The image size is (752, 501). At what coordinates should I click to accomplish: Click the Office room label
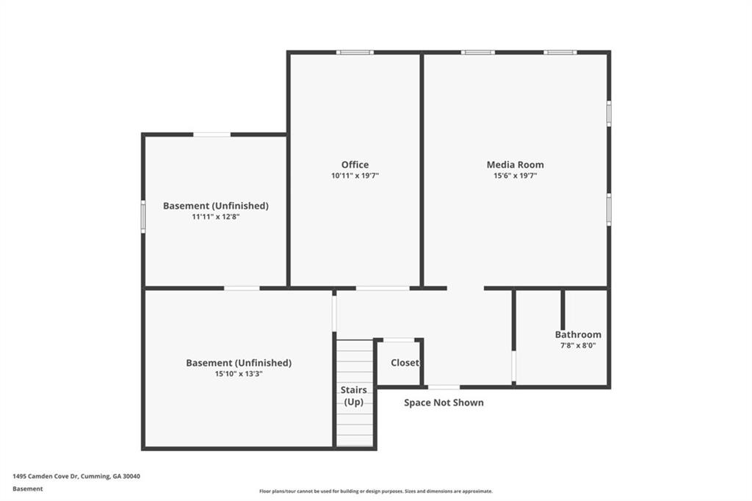tap(355, 165)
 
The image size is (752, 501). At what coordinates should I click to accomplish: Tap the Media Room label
tap(515, 165)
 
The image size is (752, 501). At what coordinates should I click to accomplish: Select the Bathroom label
tap(578, 334)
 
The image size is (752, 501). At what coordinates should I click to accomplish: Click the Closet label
tap(405, 363)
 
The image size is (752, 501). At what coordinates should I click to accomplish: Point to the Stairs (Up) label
tap(354, 396)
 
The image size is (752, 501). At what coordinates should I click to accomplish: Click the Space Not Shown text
tap(444, 403)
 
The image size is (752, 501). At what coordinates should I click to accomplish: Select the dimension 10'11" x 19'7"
tap(355, 176)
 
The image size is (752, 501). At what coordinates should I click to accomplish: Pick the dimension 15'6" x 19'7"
tap(515, 176)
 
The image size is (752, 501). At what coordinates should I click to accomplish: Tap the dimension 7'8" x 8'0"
tap(578, 345)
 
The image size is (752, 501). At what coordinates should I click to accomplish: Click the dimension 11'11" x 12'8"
tap(215, 217)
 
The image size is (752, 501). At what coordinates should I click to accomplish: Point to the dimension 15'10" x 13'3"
tap(239, 374)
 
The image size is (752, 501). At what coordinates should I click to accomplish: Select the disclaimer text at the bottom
tap(375, 491)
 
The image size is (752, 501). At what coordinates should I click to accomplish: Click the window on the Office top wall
tap(355, 52)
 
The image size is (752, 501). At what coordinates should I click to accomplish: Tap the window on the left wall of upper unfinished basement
tap(143, 217)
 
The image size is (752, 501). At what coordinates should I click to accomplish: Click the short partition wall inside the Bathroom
tap(563, 309)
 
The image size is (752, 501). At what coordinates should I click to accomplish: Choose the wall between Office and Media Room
tap(422, 169)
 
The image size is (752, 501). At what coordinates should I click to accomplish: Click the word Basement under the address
tap(28, 489)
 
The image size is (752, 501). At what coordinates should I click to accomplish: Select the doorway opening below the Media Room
tap(465, 288)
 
